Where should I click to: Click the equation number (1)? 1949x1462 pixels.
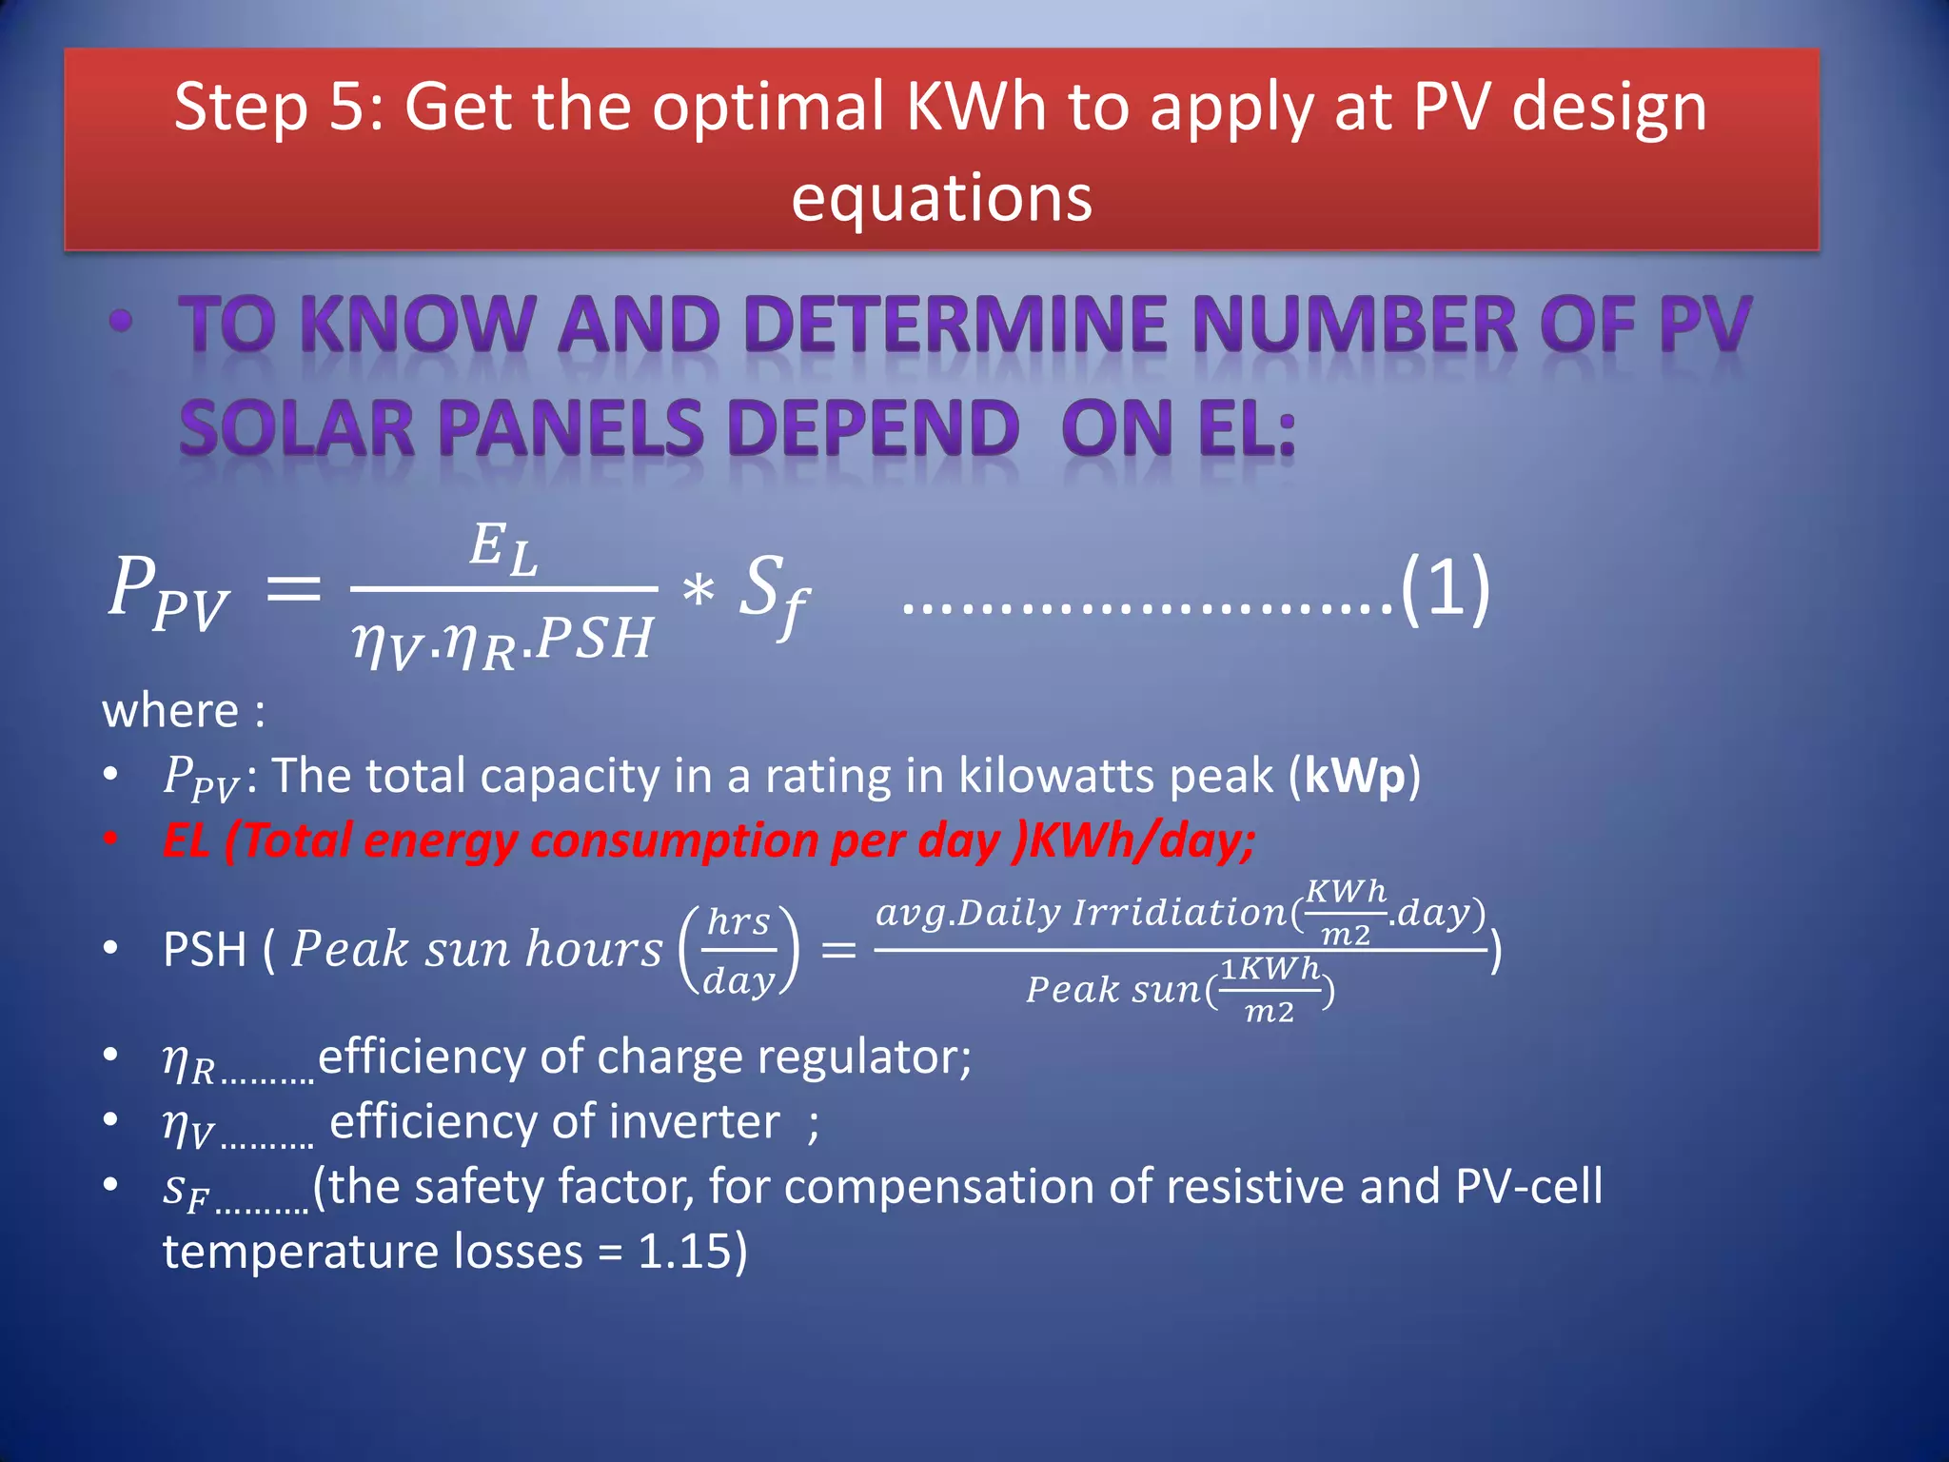(x=1445, y=588)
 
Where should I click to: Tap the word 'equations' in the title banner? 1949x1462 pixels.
(x=941, y=199)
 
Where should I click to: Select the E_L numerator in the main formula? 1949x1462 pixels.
(x=503, y=550)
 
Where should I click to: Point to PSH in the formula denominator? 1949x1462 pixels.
(x=594, y=638)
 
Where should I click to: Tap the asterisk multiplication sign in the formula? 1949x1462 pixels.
(x=698, y=592)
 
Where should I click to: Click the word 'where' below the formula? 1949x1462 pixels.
(x=170, y=711)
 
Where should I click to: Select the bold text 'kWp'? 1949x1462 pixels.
(x=1354, y=776)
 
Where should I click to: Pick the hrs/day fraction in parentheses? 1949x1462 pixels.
(x=739, y=950)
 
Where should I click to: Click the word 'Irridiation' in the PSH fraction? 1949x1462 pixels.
(x=1180, y=913)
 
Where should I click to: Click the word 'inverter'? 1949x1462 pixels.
(x=694, y=1121)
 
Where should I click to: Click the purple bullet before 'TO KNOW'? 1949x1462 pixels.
(x=121, y=321)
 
